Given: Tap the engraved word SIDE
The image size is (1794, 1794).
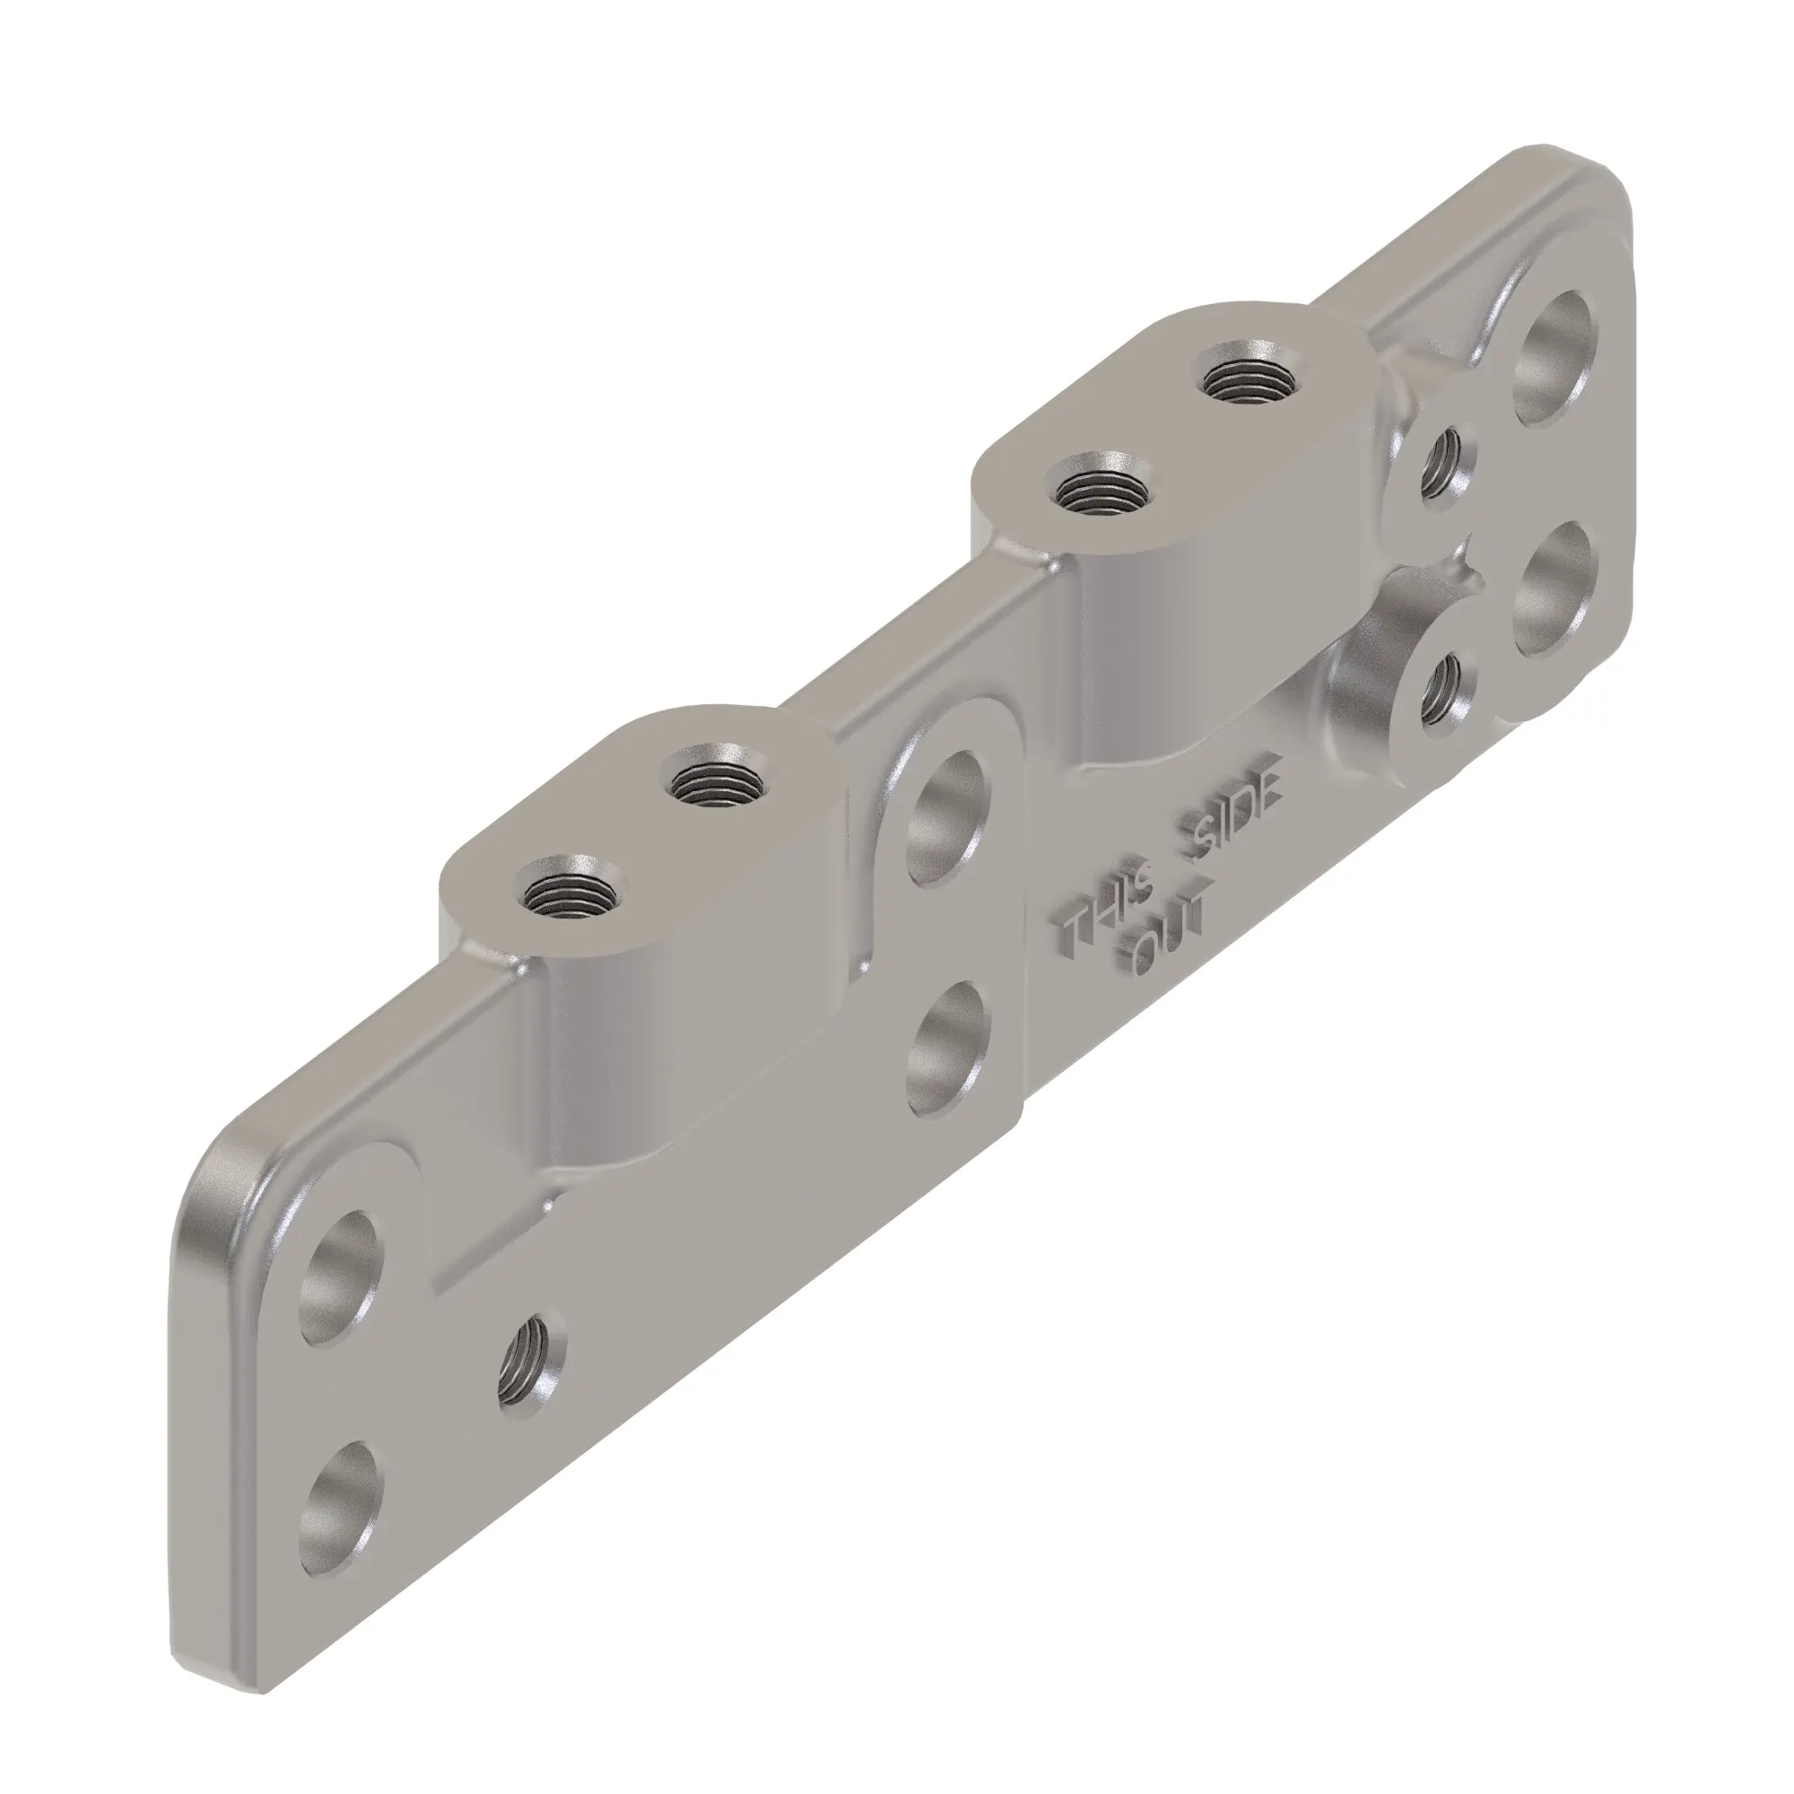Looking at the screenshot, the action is tap(1230, 815).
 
